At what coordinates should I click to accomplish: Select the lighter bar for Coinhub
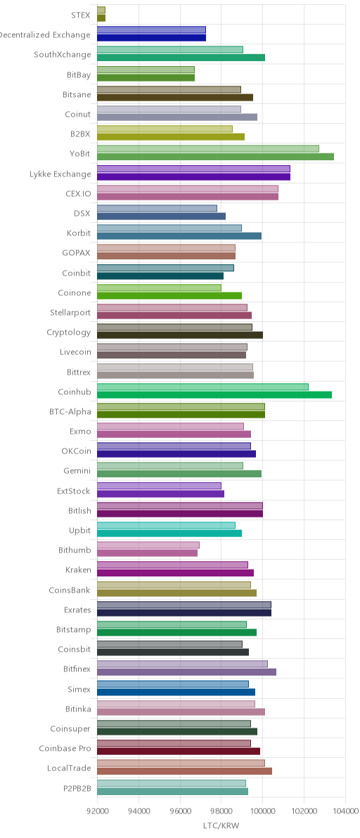203,387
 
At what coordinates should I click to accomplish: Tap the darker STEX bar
101,18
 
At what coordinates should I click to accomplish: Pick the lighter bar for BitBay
146,70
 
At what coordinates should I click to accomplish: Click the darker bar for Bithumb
148,553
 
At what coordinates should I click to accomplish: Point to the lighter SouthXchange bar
170,50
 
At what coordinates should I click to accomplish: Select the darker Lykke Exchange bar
194,176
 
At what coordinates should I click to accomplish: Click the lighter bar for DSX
157,208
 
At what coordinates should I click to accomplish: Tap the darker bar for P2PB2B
172,791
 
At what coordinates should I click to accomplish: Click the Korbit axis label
79,233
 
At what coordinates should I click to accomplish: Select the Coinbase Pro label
65,749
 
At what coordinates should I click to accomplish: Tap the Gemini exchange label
77,471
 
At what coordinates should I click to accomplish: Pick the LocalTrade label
69,768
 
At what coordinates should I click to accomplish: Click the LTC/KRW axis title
221,826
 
